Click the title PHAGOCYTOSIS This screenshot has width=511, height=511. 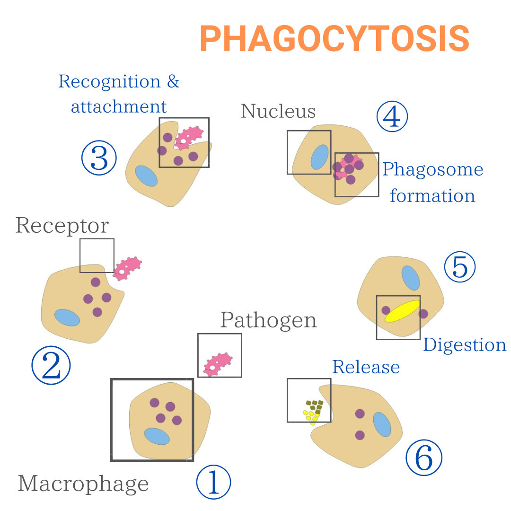pos(335,39)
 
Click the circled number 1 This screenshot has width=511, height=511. pos(213,482)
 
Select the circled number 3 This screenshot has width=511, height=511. pos(99,158)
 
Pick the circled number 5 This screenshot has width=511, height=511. pos(459,267)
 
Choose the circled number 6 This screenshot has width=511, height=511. pos(423,458)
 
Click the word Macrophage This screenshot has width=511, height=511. pos(83,484)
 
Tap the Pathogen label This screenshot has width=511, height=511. pos(268,320)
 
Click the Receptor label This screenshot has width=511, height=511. pos(62,226)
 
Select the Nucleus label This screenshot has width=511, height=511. pos(278,111)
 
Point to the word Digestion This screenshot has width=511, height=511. pos(464,345)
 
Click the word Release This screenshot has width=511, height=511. pos(366,367)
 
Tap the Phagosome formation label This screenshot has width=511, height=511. pos(432,183)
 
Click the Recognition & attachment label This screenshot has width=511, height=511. pos(119,94)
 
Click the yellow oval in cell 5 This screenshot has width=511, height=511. pos(402,311)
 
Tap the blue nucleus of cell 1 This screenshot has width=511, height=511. pos(157,436)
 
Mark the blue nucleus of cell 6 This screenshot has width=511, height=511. pos(382,424)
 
